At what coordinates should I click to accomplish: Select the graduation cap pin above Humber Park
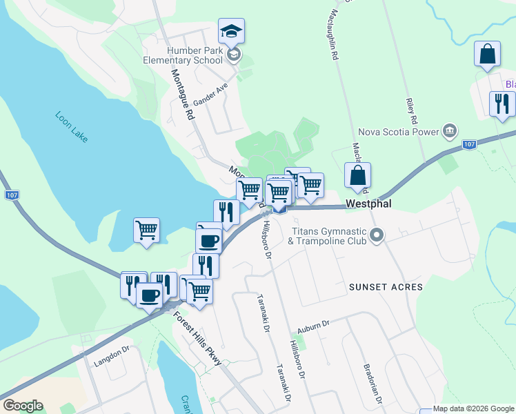(232, 31)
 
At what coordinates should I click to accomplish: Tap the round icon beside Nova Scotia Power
(450, 130)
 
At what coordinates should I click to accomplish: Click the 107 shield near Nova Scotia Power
(469, 144)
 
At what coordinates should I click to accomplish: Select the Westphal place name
(370, 205)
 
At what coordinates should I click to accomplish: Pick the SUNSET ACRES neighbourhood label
(385, 286)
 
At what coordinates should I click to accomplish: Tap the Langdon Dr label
(112, 355)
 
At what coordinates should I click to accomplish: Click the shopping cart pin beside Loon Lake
(146, 230)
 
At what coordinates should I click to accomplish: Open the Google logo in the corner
(23, 406)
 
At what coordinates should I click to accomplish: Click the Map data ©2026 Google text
(473, 408)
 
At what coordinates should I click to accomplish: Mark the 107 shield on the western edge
(12, 195)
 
